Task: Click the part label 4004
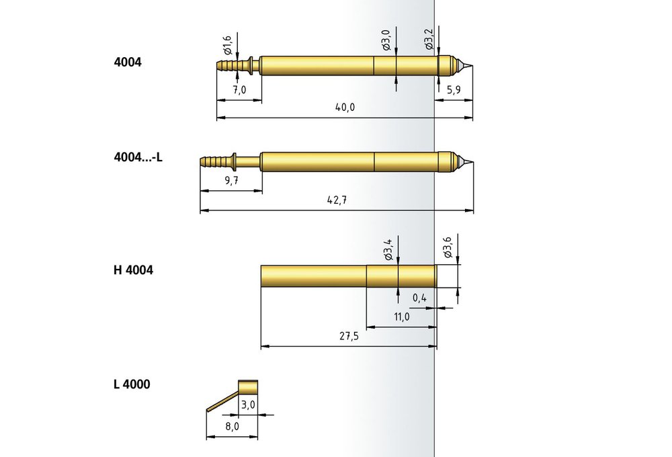tap(127, 62)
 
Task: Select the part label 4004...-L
tap(138, 157)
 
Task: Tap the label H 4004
tap(133, 270)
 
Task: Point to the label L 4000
tap(132, 384)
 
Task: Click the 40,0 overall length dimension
tap(345, 107)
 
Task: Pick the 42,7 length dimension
tap(337, 200)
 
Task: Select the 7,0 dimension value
tap(240, 90)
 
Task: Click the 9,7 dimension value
tap(231, 181)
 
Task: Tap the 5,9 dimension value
tap(454, 90)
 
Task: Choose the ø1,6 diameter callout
tap(227, 45)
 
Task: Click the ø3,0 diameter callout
tap(386, 40)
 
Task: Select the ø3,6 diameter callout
tap(448, 247)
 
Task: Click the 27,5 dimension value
tap(349, 336)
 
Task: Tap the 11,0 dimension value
tap(402, 317)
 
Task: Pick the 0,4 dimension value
tap(419, 298)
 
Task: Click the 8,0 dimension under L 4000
tap(232, 427)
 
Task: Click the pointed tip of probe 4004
tap(472, 66)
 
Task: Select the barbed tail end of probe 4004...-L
tap(202, 161)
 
